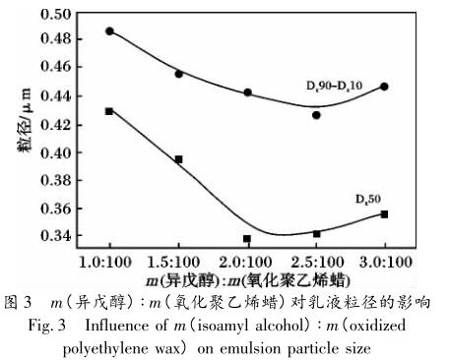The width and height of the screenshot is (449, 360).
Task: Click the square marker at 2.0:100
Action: (x=247, y=239)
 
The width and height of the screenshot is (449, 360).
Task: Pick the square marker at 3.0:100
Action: (x=384, y=213)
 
